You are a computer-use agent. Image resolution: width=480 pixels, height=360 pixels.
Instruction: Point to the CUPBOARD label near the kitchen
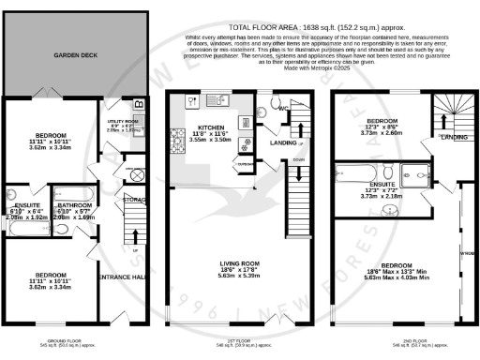245,164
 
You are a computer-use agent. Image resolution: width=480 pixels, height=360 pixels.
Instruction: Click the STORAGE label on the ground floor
133,199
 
